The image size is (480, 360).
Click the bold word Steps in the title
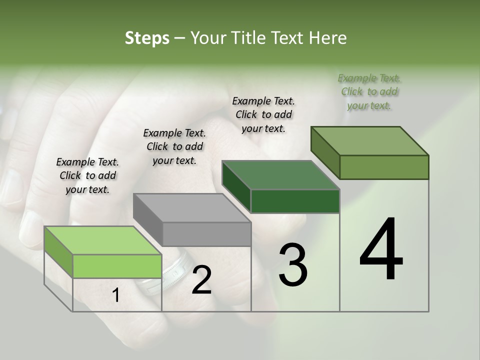point(147,38)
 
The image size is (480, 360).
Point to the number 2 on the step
point(201,280)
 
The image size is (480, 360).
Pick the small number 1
point(116,295)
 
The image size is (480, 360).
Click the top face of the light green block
point(102,240)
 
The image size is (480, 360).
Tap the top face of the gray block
point(192,207)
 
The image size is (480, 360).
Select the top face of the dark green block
point(280,175)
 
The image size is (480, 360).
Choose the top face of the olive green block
point(370,141)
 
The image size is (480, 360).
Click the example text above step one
point(87,175)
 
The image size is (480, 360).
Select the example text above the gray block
point(174,146)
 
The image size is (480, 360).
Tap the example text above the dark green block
point(263,114)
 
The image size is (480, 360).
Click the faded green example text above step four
point(369,91)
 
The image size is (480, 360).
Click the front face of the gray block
point(207,234)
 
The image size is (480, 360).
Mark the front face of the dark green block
point(295,201)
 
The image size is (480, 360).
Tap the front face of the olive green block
point(384,167)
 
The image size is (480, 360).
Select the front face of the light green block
point(117,266)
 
